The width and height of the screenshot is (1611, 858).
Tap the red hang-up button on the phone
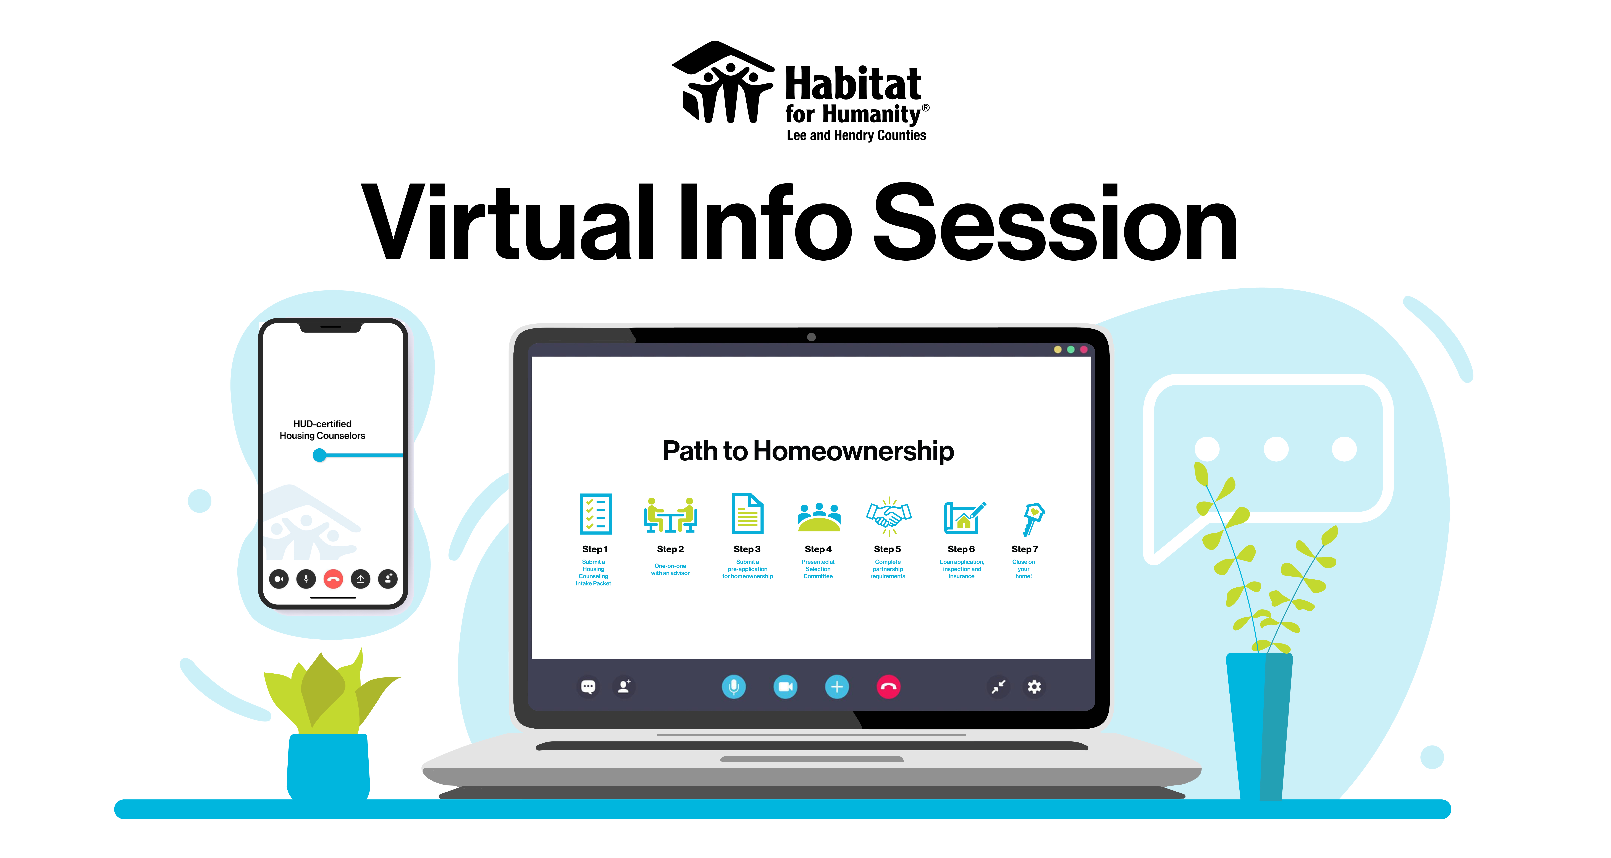click(x=333, y=579)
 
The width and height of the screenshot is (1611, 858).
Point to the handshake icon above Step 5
click(x=889, y=516)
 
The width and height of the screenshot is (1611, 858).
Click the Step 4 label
click(x=818, y=549)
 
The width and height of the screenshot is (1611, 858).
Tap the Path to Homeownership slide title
click(x=808, y=451)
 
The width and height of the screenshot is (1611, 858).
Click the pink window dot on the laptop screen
click(x=1084, y=350)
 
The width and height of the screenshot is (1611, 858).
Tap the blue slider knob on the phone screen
click(x=320, y=455)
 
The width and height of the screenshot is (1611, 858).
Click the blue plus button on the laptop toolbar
click(x=837, y=687)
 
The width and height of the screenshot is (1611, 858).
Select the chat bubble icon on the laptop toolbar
click(x=588, y=687)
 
